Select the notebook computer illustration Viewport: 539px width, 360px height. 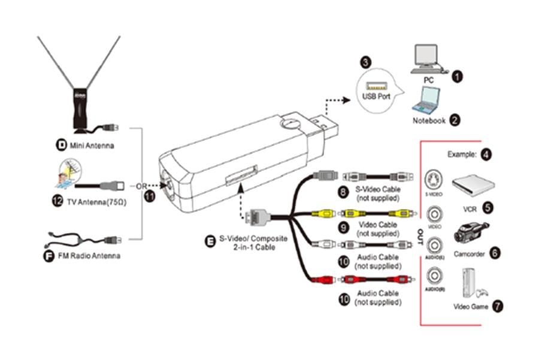pos(427,99)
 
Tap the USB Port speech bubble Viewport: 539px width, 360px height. pos(376,90)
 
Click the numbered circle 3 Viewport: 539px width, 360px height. pos(365,62)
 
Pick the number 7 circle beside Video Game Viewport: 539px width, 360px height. pos(497,305)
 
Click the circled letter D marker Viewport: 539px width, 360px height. pos(60,145)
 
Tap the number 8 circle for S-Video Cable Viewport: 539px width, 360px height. pos(343,193)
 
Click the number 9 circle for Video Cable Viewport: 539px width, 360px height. pos(343,228)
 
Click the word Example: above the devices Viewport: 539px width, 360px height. pos(462,155)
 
